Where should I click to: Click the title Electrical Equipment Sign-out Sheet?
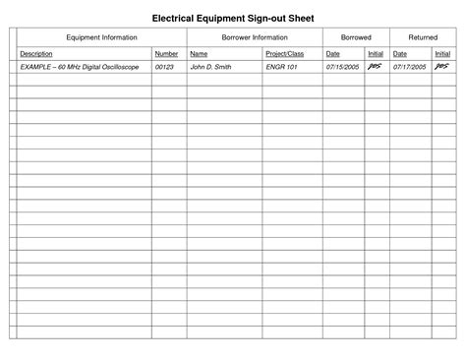pyautogui.click(x=233, y=17)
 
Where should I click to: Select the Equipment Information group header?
pyautogui.click(x=101, y=37)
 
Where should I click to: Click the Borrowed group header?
pyautogui.click(x=355, y=37)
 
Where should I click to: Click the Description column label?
pyautogui.click(x=36, y=54)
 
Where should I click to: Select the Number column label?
pyautogui.click(x=166, y=54)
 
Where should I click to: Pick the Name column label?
pyautogui.click(x=199, y=54)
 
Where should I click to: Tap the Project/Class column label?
pyautogui.click(x=284, y=54)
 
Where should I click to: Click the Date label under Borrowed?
pyautogui.click(x=332, y=54)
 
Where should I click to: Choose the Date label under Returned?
pyautogui.click(x=399, y=54)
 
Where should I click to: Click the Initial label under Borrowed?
pyautogui.click(x=376, y=54)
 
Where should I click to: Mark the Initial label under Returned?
pyautogui.click(x=442, y=54)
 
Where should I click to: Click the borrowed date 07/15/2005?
pyautogui.click(x=342, y=68)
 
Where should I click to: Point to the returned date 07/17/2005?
pyautogui.click(x=409, y=68)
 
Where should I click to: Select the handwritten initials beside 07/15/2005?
pyautogui.click(x=375, y=67)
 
